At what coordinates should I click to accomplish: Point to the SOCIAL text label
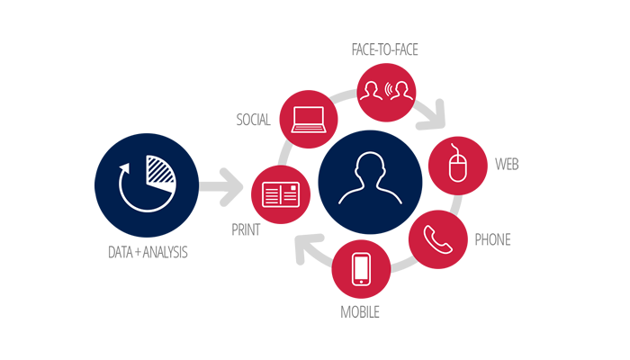click(253, 120)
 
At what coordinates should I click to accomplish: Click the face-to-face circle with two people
click(384, 90)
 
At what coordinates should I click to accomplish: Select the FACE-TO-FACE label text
click(384, 50)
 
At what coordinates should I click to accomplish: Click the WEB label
click(506, 166)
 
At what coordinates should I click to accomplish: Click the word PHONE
click(492, 240)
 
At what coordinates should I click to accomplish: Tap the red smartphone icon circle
click(362, 271)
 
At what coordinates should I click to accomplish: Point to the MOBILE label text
click(360, 311)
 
